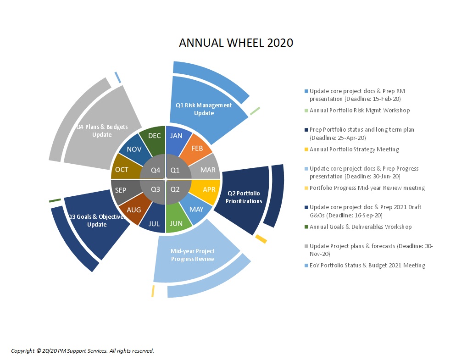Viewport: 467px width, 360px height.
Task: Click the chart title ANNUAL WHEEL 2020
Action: (236, 43)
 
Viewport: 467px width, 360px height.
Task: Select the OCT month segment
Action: (122, 169)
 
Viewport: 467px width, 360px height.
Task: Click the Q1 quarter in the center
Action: (176, 169)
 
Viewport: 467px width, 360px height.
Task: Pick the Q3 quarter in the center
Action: (154, 190)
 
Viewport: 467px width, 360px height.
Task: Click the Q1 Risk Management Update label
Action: (204, 109)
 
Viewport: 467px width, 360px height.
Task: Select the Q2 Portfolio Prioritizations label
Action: (244, 197)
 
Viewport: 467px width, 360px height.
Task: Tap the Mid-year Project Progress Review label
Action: (193, 255)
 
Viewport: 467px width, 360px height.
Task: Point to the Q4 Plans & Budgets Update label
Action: (102, 131)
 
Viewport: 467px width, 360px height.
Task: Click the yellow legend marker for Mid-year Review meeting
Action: (306, 188)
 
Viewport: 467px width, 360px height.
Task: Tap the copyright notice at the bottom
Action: (83, 351)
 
